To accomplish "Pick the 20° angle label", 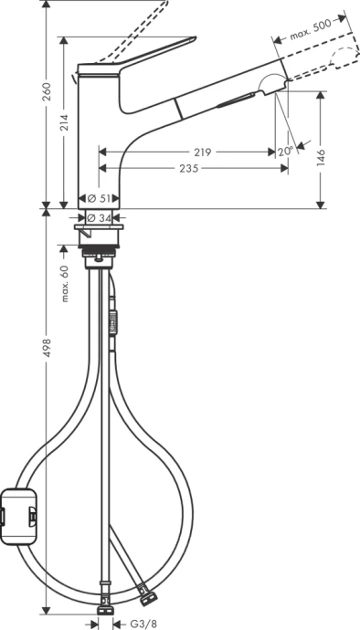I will (285, 152).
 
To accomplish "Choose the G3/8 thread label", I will (137, 623).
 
